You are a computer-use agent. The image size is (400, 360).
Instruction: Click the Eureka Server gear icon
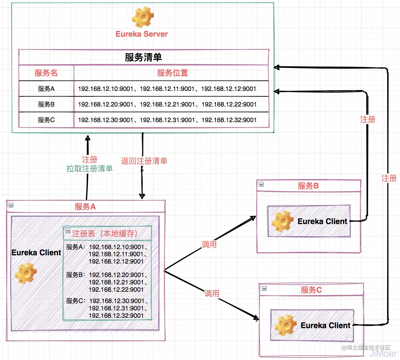(143, 17)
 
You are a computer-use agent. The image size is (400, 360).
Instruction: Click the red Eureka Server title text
(142, 34)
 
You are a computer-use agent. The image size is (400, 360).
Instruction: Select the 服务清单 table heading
(143, 57)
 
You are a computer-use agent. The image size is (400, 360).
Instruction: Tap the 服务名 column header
(46, 73)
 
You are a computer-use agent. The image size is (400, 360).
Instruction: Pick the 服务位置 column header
(172, 73)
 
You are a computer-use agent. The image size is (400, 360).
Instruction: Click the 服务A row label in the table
(46, 89)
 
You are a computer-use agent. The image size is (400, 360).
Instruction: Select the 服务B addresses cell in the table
(167, 104)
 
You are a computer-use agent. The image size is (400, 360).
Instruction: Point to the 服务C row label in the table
(46, 120)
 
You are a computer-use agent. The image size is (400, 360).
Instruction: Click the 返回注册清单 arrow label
(144, 161)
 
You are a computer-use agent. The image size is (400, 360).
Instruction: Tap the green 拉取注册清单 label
(90, 169)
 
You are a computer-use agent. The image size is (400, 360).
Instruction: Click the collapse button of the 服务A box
(11, 205)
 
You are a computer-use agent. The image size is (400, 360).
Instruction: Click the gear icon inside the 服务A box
(26, 273)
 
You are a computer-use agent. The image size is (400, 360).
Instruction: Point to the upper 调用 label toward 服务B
(209, 245)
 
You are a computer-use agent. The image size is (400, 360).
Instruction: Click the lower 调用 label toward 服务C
(212, 294)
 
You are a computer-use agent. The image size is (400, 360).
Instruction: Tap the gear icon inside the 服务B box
(282, 221)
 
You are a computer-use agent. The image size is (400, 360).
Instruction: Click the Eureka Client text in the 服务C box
(325, 325)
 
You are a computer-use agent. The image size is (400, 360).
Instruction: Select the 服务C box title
(311, 290)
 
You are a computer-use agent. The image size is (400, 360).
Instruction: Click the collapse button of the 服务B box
(261, 184)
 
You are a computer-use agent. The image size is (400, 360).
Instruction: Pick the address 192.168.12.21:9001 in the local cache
(116, 282)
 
